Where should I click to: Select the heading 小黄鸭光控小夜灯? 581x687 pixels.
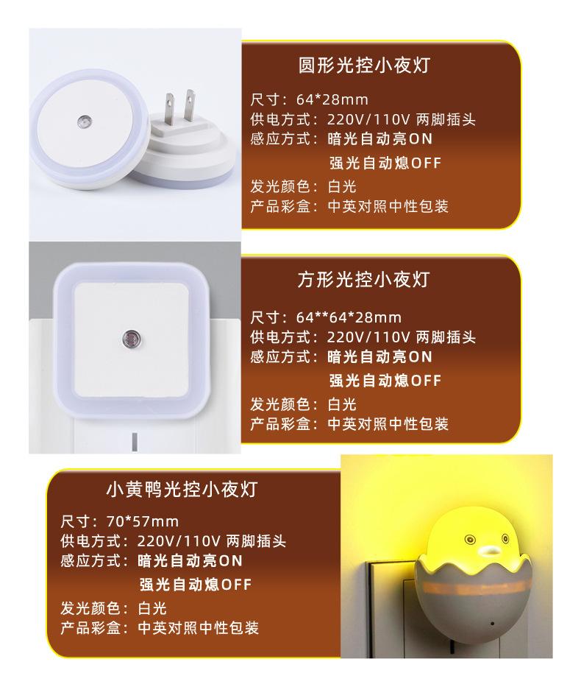coord(182,488)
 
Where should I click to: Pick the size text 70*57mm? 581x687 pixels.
coord(153,521)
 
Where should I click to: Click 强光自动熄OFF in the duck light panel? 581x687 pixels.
coord(196,585)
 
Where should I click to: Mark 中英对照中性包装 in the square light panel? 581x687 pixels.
coord(387,423)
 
